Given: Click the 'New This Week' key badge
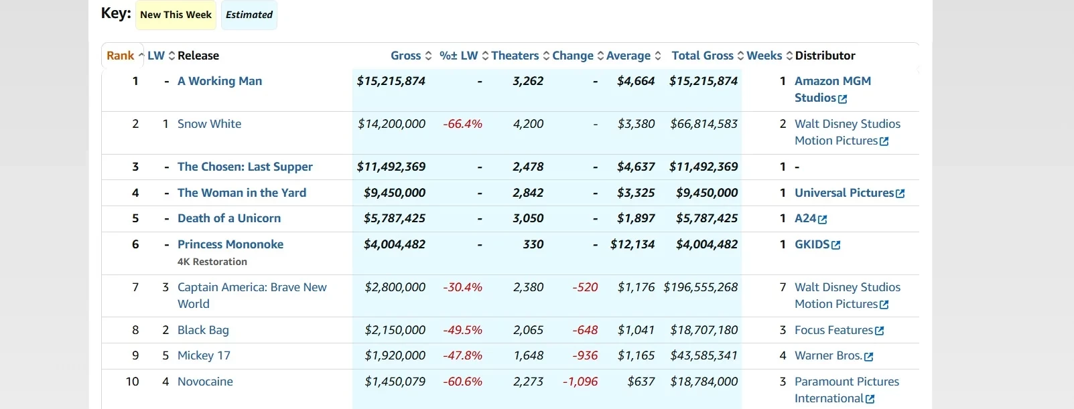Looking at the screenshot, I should point(176,15).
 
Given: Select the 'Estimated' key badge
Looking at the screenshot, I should point(249,15).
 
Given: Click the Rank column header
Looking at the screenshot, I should point(121,56).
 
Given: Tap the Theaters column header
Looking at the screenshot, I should point(515,56).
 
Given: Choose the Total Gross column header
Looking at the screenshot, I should point(702,56).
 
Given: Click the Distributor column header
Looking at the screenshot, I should point(825,56).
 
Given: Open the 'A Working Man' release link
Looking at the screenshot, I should point(220,81).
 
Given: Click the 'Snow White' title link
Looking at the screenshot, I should point(209,124).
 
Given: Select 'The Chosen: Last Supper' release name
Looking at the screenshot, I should point(245,167).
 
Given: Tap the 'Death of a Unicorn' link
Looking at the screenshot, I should point(229,218).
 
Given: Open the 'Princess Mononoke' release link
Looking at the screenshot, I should point(230,244).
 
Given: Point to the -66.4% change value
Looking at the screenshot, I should point(462,124).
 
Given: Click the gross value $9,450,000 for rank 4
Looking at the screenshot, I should point(395,193).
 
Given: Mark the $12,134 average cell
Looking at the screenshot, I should point(632,244).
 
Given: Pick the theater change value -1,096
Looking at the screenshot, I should point(580,382).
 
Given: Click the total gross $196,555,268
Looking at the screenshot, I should point(700,287).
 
